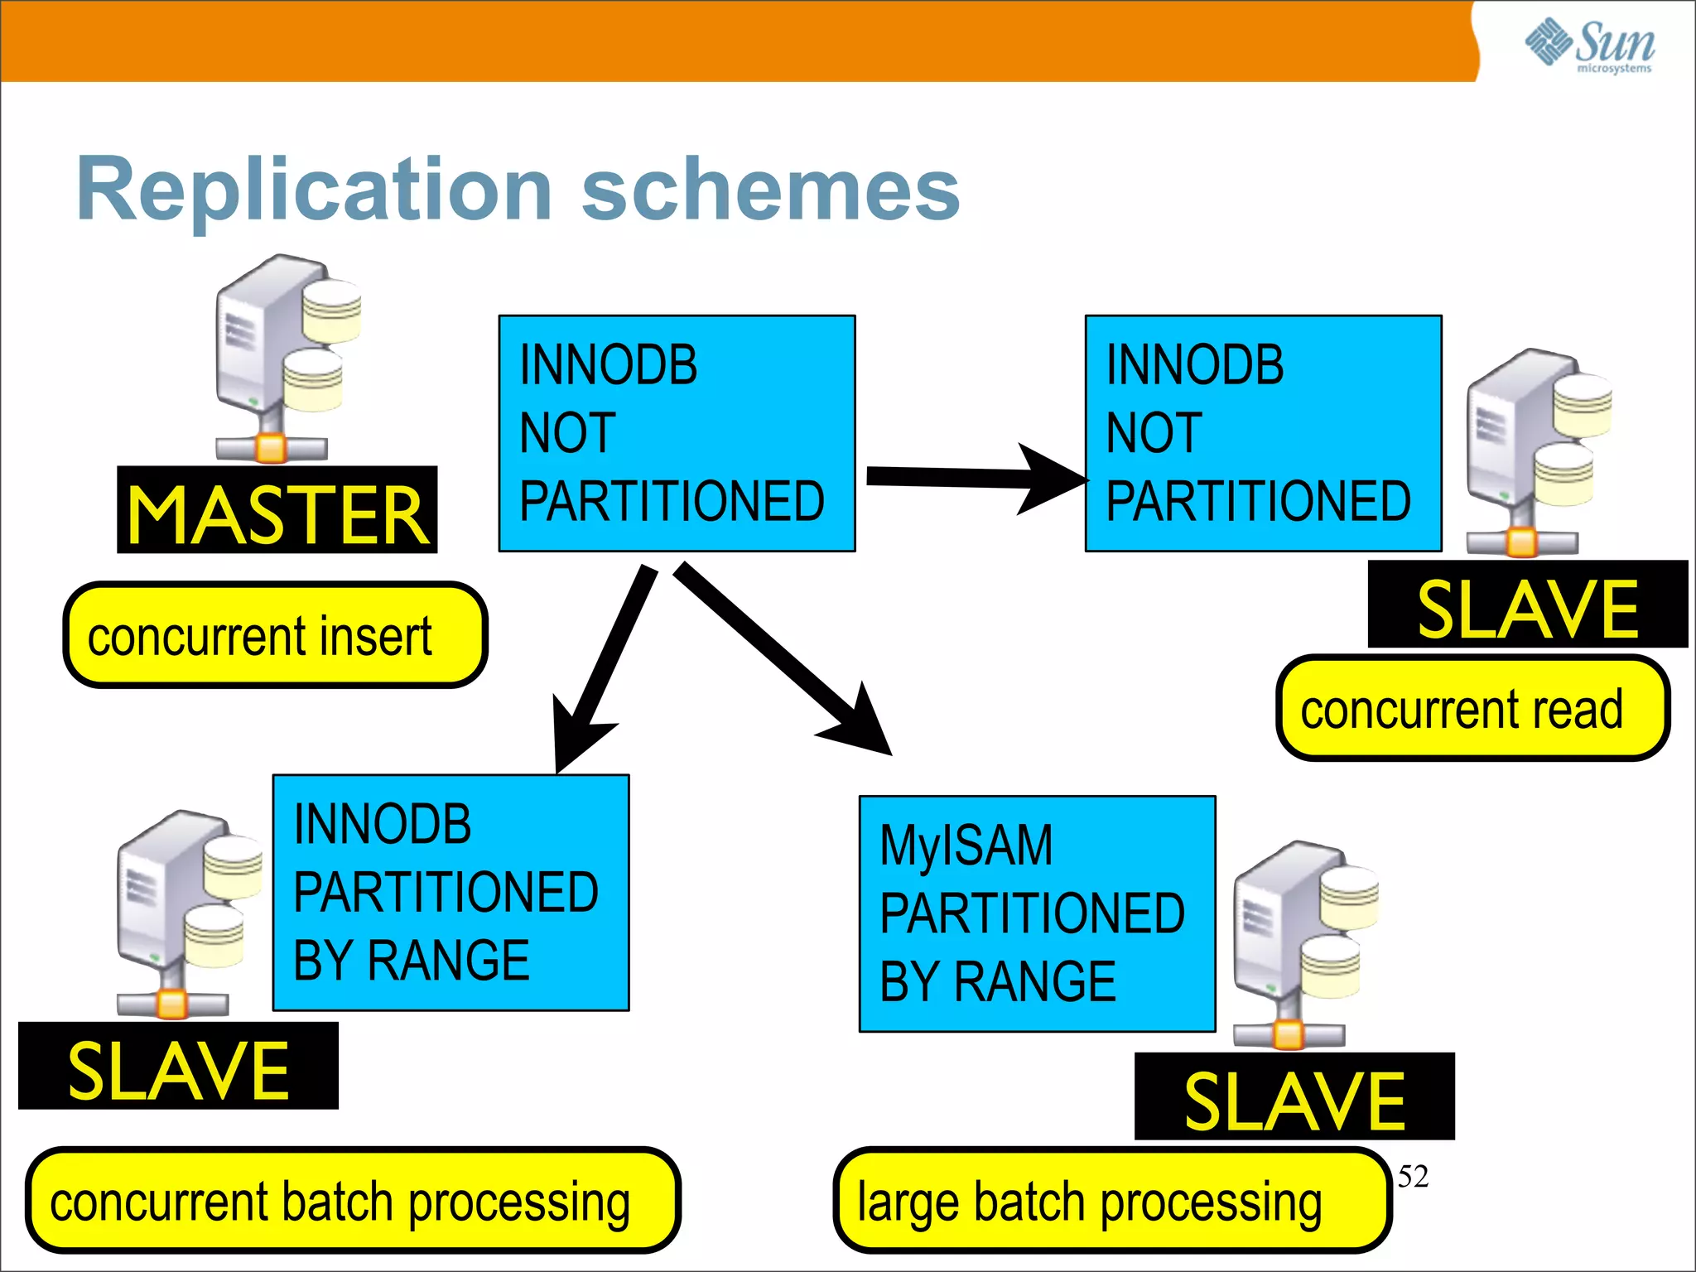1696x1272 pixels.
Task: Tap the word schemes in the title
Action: point(770,190)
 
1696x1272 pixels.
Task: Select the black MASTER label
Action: point(277,511)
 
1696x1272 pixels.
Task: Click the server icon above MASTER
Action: point(286,356)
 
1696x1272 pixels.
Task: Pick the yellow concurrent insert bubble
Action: point(275,635)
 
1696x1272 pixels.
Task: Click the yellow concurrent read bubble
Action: point(1472,709)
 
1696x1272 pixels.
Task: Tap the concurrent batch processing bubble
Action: point(352,1201)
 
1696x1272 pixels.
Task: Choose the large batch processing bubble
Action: point(1111,1201)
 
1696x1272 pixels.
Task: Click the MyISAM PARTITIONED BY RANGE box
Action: point(1037,914)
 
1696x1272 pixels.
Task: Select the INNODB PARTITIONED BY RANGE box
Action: point(450,893)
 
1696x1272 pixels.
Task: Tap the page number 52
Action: point(1413,1177)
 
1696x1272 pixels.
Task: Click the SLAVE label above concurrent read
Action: point(1527,605)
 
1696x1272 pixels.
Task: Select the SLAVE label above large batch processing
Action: point(1294,1097)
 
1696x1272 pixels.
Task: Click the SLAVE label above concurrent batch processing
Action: point(178,1067)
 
